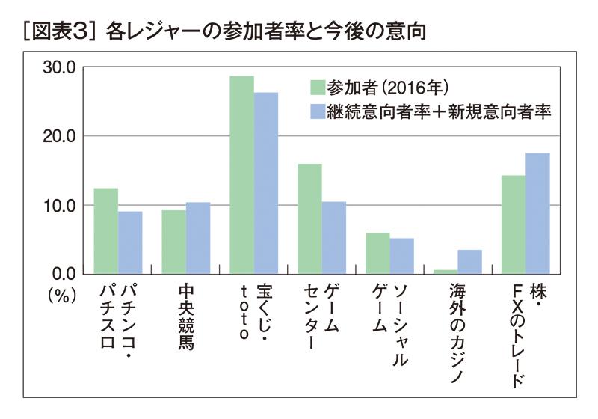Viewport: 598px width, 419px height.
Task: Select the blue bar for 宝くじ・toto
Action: point(265,183)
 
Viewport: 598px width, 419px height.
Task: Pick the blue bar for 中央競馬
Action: point(198,237)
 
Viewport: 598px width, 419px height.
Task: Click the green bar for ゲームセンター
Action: point(309,218)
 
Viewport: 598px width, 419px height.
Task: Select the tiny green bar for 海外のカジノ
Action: point(446,271)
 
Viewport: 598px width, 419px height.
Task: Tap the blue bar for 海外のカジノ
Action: point(469,261)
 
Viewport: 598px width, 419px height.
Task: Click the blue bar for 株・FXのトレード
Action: point(537,212)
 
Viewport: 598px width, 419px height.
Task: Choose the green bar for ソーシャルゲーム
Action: point(377,253)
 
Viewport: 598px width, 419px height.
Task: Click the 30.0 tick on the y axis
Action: point(61,67)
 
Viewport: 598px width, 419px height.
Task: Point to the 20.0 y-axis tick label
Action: point(61,136)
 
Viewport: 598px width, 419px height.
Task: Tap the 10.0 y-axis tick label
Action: point(61,205)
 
